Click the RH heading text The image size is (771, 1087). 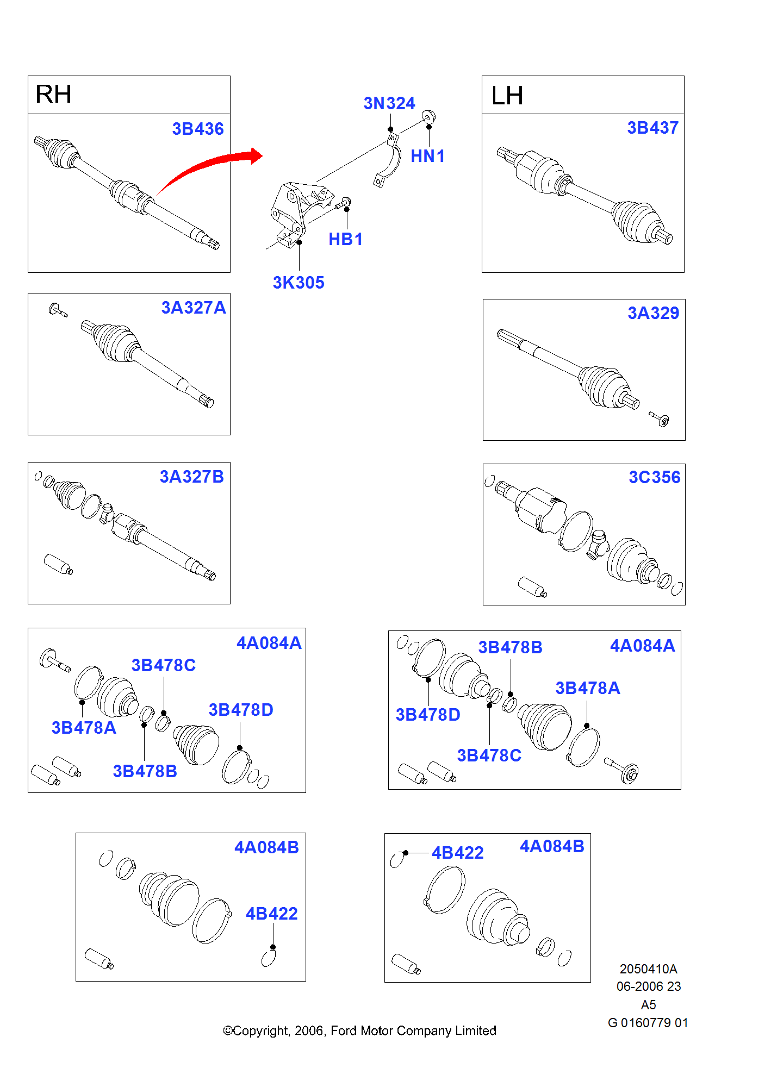pos(53,95)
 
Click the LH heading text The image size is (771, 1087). pos(507,96)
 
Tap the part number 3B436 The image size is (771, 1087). pos(198,129)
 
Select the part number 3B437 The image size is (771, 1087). pos(652,128)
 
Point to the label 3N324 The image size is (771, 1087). pos(389,103)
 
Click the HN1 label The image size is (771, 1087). pos(427,157)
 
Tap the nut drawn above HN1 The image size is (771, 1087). pos(429,116)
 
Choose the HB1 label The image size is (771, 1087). pos(345,239)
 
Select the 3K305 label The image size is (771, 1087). pos(299,283)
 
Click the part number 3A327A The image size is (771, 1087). pos(194,308)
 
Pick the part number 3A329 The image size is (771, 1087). pos(653,313)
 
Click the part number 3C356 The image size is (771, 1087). pos(654,477)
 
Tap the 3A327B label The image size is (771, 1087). pos(191,477)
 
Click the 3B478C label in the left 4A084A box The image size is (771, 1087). pos(163,665)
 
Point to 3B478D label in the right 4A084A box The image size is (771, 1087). pos(427,715)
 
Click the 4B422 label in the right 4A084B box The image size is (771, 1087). pos(457,853)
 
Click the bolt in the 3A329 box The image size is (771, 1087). pos(660,419)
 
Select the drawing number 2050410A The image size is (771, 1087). pos(648,969)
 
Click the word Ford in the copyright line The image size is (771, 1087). pos(344,1030)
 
